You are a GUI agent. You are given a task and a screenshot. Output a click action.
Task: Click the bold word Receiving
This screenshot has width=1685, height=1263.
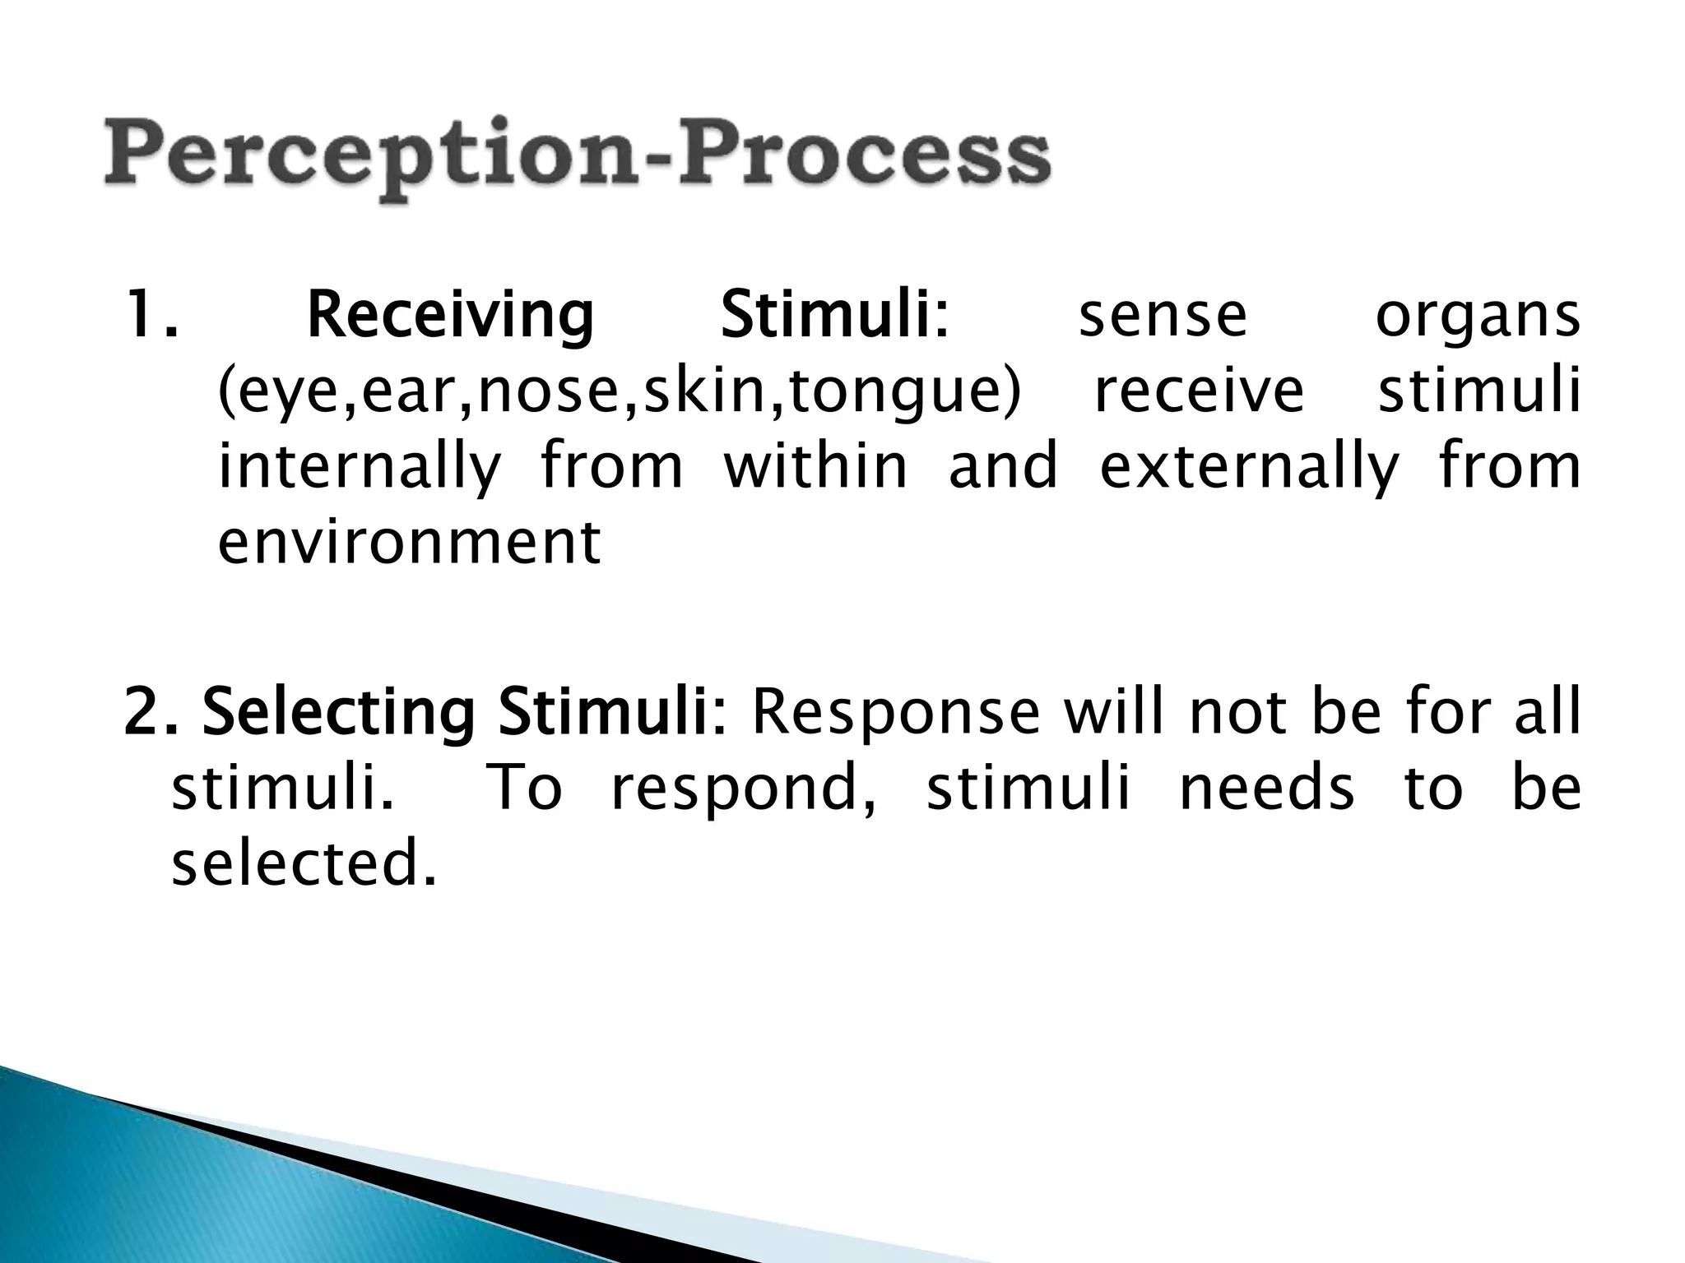click(450, 317)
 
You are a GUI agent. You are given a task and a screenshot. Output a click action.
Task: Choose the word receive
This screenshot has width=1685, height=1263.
click(1199, 391)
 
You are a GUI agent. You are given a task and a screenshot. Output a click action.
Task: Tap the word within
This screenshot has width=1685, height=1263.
click(815, 465)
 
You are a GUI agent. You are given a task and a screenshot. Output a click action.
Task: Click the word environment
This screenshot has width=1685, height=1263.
click(409, 543)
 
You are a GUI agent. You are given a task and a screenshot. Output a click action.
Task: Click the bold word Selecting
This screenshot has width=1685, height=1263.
click(339, 714)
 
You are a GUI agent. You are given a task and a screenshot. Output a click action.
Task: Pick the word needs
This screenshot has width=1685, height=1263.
click(1266, 788)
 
